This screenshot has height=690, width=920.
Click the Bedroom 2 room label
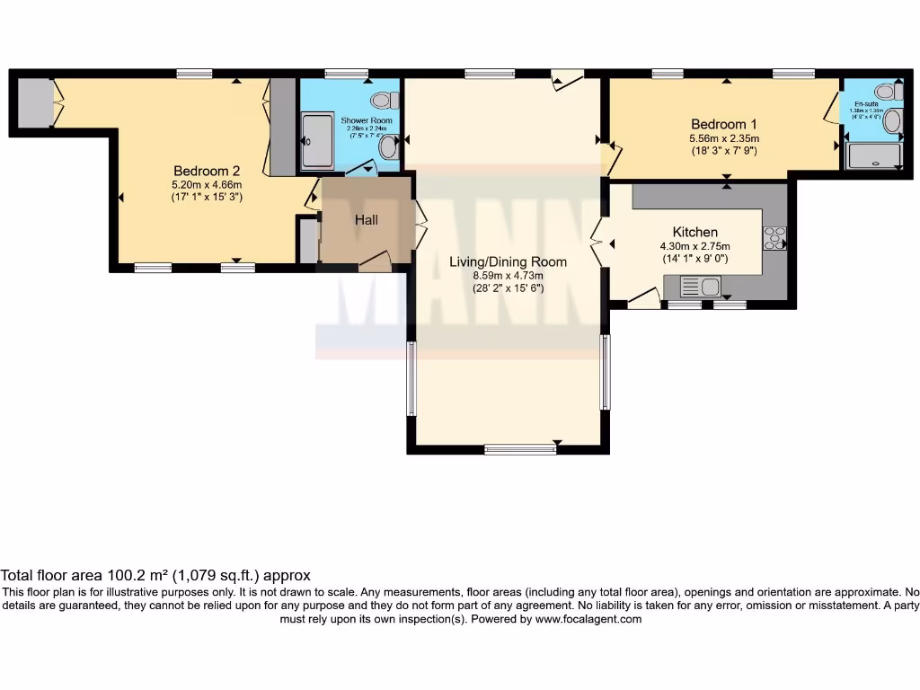[x=207, y=171]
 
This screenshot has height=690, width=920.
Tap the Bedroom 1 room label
[x=724, y=124]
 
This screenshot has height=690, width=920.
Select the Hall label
[x=366, y=220]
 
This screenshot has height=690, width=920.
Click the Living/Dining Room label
[x=508, y=261]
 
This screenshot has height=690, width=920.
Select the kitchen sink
[x=700, y=287]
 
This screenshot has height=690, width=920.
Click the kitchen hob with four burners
[x=774, y=238]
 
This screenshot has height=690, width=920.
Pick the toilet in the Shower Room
[x=385, y=99]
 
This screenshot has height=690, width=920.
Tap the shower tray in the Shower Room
[x=316, y=141]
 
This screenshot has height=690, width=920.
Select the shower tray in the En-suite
[x=873, y=157]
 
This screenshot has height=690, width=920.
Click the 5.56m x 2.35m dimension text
[x=724, y=138]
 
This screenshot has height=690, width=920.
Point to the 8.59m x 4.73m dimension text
[x=508, y=276]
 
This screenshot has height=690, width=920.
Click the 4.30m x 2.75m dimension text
[x=694, y=246]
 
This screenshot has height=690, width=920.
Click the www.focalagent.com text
[x=588, y=619]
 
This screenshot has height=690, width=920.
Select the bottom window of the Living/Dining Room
[x=520, y=449]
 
